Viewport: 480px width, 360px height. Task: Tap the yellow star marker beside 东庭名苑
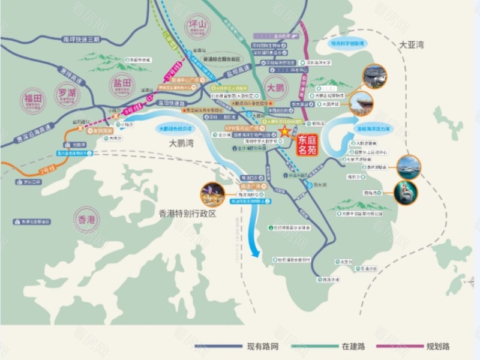tap(284, 131)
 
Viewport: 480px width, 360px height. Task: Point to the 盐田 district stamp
tap(122, 85)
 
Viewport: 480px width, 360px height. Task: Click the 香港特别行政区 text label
tap(187, 213)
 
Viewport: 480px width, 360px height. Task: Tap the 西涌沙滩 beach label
tap(331, 280)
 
